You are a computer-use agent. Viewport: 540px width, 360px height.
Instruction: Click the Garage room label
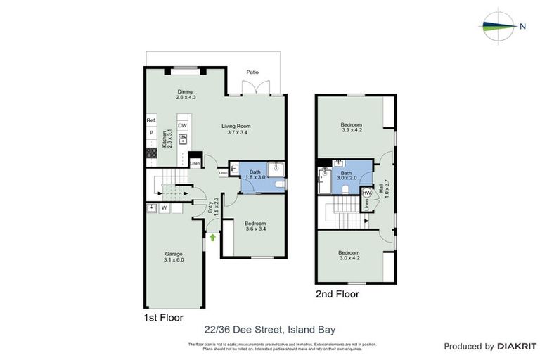click(x=174, y=257)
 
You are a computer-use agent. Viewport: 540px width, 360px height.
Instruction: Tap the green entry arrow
click(x=212, y=238)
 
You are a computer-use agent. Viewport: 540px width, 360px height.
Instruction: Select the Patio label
click(x=252, y=72)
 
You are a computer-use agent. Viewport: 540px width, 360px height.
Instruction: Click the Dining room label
click(x=185, y=94)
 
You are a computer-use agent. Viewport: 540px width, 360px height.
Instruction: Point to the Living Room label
click(x=239, y=129)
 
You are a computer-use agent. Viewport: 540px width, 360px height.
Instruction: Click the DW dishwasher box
click(x=182, y=126)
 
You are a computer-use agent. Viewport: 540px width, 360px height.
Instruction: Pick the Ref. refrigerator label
click(x=150, y=121)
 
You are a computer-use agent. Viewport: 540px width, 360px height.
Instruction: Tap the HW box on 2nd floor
click(x=366, y=193)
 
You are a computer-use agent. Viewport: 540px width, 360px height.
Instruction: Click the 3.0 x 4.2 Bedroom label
click(x=349, y=255)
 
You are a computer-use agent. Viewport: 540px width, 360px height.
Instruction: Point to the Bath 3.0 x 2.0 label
click(x=346, y=175)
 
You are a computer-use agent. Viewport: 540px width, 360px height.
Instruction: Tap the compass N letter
click(x=522, y=27)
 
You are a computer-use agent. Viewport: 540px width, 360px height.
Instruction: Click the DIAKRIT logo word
click(x=517, y=347)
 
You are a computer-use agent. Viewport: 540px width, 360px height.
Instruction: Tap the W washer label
click(x=163, y=207)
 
